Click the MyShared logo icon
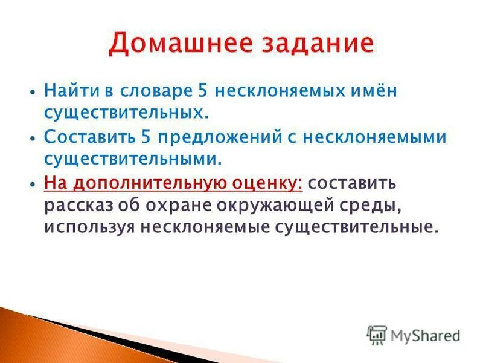pos(377,335)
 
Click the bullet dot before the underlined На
pos(30,183)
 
